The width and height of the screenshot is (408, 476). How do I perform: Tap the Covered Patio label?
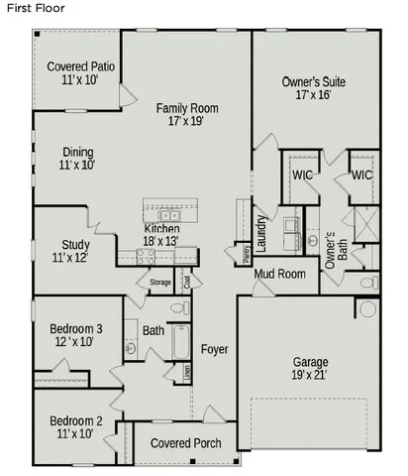click(72, 72)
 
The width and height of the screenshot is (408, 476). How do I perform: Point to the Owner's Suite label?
click(313, 88)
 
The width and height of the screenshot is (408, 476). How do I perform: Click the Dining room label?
click(76, 159)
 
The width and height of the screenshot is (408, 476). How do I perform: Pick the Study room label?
click(75, 251)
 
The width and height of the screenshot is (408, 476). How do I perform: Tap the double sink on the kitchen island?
click(169, 214)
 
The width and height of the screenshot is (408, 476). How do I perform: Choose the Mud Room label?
click(278, 274)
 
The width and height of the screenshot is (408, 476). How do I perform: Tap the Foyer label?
click(215, 349)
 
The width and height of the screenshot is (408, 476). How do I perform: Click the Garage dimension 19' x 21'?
click(311, 375)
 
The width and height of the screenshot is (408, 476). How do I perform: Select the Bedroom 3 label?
click(72, 335)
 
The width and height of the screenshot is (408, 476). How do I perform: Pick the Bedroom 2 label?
click(72, 427)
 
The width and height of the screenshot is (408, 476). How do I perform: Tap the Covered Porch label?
click(185, 442)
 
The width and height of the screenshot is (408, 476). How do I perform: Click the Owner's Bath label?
click(334, 245)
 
